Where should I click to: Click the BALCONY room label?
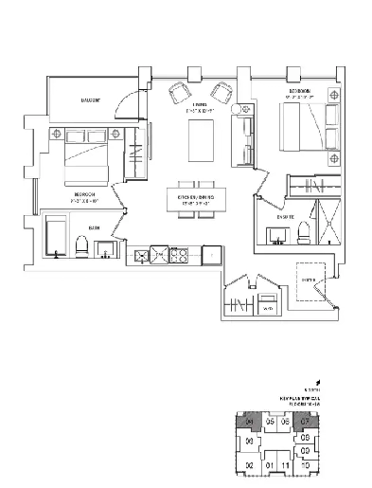[x=92, y=99]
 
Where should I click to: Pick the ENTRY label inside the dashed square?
[x=308, y=280]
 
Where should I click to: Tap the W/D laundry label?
[x=268, y=308]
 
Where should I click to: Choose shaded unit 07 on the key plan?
[x=305, y=421]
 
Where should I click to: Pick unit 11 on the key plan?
[x=287, y=466]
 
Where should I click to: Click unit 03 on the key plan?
[x=250, y=442]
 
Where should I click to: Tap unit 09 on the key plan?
[x=306, y=450]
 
